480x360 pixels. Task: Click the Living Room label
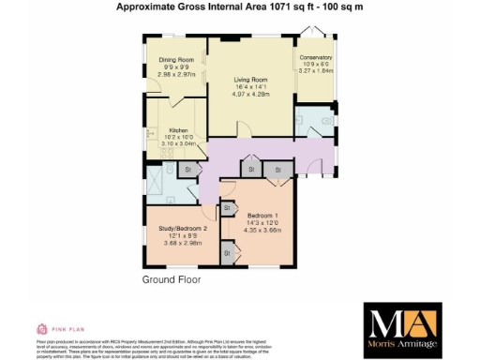tap(250, 81)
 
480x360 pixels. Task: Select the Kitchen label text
tap(180, 130)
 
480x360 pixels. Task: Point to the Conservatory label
tap(314, 56)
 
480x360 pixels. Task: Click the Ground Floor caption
tap(172, 280)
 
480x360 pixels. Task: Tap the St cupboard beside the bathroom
tap(187, 171)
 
